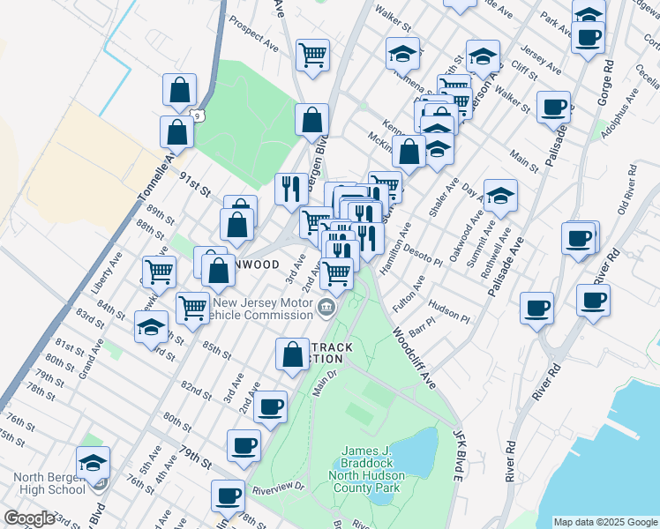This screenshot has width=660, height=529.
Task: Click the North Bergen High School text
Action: (x=49, y=484)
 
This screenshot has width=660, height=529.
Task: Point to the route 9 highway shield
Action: (x=198, y=115)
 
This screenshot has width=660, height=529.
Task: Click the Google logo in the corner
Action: (x=29, y=518)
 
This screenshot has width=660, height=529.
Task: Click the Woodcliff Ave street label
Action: (x=414, y=360)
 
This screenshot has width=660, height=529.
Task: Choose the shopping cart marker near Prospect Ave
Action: (x=313, y=56)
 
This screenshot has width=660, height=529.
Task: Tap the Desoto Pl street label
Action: (x=423, y=256)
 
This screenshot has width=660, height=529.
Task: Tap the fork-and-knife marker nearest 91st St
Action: (x=291, y=188)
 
